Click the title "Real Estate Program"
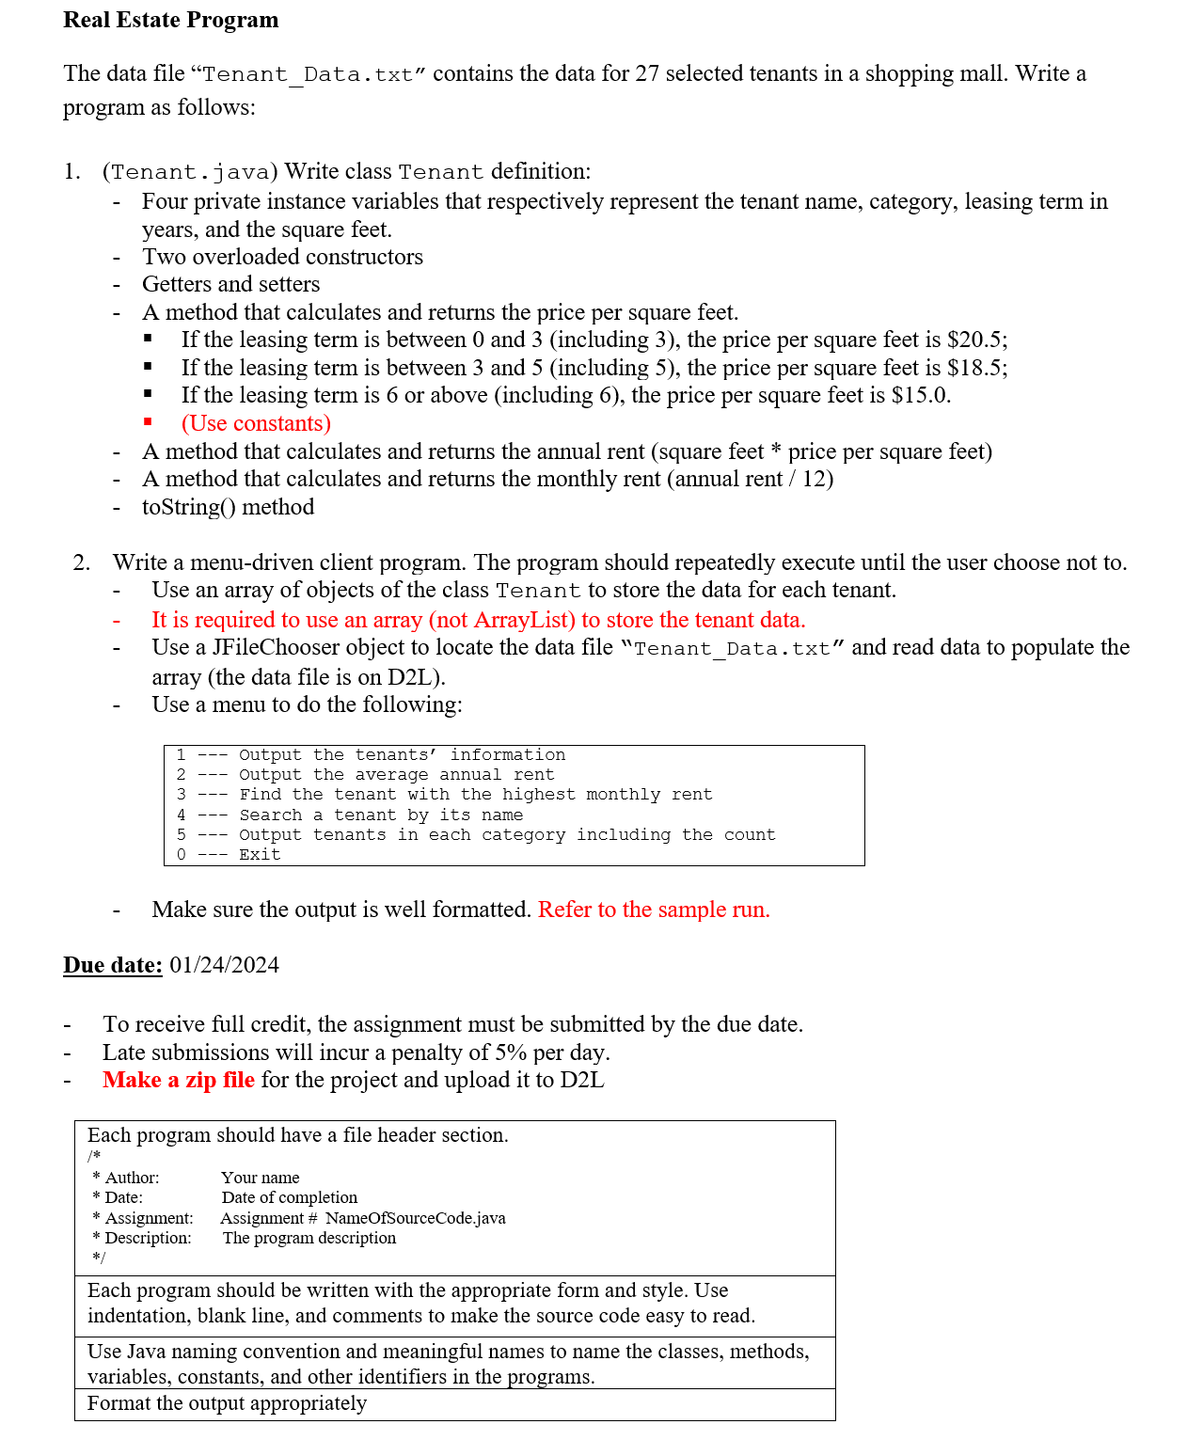170,20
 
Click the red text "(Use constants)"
256,423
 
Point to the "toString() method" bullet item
228,507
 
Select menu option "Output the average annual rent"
396,775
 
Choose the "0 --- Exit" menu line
229,854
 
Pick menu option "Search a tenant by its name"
381,815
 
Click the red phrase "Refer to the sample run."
654,910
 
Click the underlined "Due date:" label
113,965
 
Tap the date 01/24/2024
225,965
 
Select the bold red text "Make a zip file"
179,1080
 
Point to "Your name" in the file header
261,1178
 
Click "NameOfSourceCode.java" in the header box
415,1218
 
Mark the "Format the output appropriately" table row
227,1403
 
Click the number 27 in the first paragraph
647,73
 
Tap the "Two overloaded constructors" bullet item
282,257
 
